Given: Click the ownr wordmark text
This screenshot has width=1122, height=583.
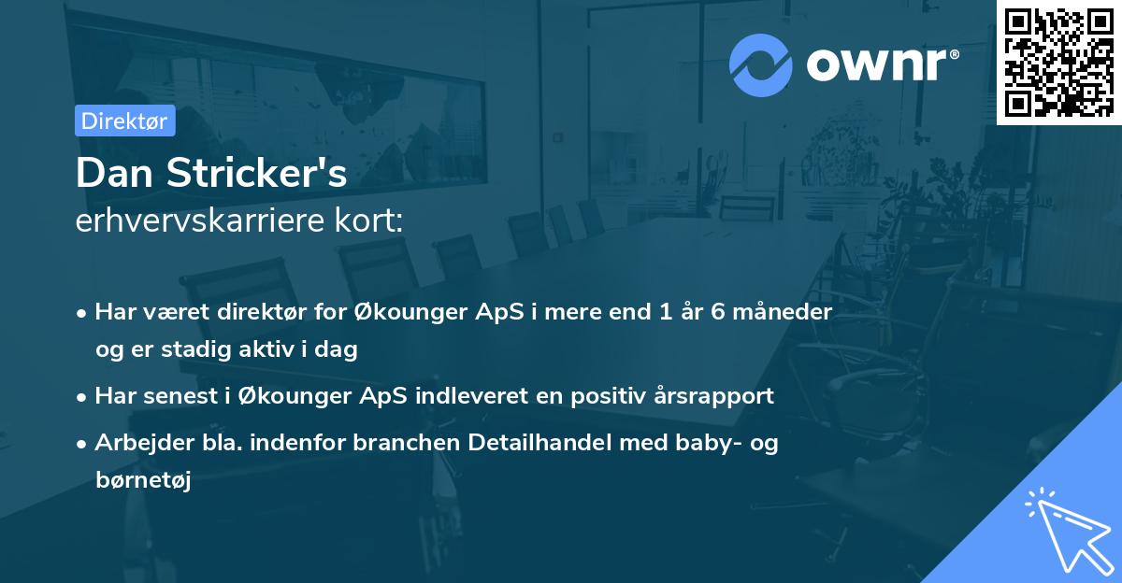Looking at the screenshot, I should tap(882, 65).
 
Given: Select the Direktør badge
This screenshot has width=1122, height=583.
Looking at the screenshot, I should tap(124, 121).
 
